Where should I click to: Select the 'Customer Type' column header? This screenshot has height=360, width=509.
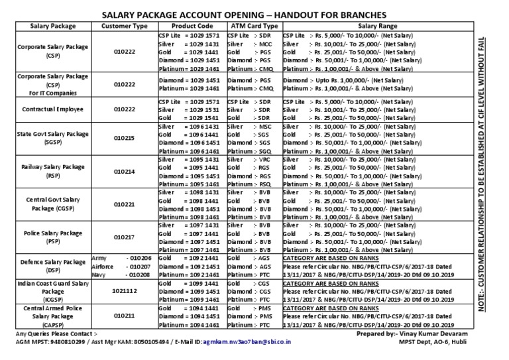(124, 26)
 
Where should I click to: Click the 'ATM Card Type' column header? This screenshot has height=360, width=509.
(252, 26)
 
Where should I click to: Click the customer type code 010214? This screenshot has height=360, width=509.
(124, 170)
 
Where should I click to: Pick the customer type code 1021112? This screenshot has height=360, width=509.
(124, 290)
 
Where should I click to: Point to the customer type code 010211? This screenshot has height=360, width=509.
(124, 317)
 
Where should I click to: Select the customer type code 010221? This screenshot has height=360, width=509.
(124, 204)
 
